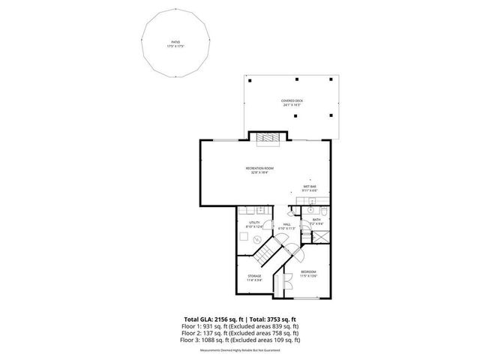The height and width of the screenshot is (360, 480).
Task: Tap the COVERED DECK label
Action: [292, 102]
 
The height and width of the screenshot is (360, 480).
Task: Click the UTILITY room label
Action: [253, 223]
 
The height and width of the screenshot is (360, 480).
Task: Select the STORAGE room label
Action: [255, 278]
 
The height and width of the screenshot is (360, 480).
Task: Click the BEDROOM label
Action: [309, 272]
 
